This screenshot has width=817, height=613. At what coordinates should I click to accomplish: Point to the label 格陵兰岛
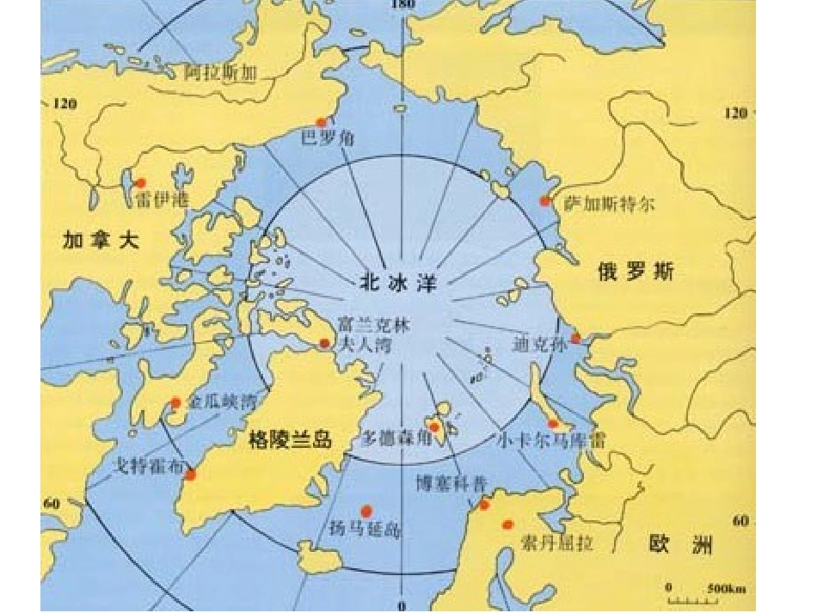289,438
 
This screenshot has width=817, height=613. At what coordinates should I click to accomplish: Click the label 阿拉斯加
221,74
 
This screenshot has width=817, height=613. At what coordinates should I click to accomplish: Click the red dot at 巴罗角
322,122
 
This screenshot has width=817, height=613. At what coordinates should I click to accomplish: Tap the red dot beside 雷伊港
141,182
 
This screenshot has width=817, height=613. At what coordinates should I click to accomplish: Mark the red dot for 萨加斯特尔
544,200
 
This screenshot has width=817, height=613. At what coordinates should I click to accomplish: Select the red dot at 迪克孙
575,338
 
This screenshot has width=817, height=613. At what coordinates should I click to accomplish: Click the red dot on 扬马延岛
367,510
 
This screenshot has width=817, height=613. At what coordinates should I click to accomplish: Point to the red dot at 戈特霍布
190,475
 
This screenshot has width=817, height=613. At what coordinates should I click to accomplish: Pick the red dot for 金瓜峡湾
175,402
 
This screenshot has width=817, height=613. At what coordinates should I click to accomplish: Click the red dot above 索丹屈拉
507,524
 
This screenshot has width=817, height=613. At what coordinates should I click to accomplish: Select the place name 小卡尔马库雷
551,439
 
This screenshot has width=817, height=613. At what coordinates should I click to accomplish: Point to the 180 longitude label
402,5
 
